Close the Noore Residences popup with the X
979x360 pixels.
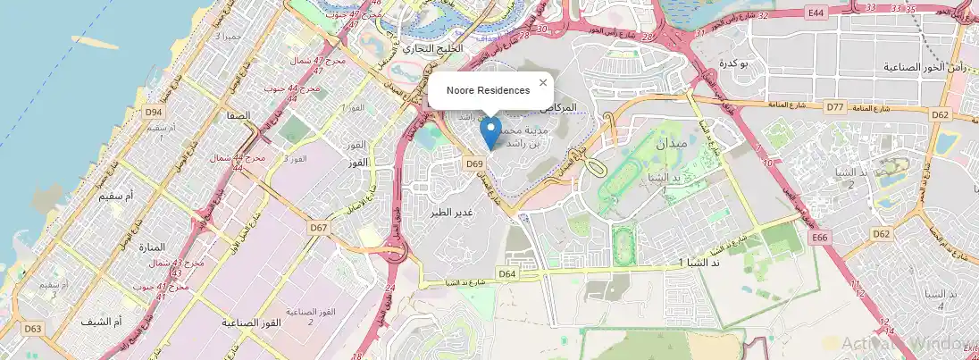point(542,83)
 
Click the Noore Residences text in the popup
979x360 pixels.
point(488,90)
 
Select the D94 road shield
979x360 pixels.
point(155,112)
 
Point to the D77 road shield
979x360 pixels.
point(835,107)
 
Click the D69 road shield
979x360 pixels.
point(474,163)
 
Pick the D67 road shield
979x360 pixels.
point(318,228)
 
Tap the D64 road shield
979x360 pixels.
point(507,273)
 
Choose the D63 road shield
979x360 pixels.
point(33,329)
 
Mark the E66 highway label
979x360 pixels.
point(821,238)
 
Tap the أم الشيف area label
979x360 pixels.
point(101,321)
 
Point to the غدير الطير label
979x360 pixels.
point(452,213)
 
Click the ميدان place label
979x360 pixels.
point(672,143)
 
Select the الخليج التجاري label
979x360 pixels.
point(433,47)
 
